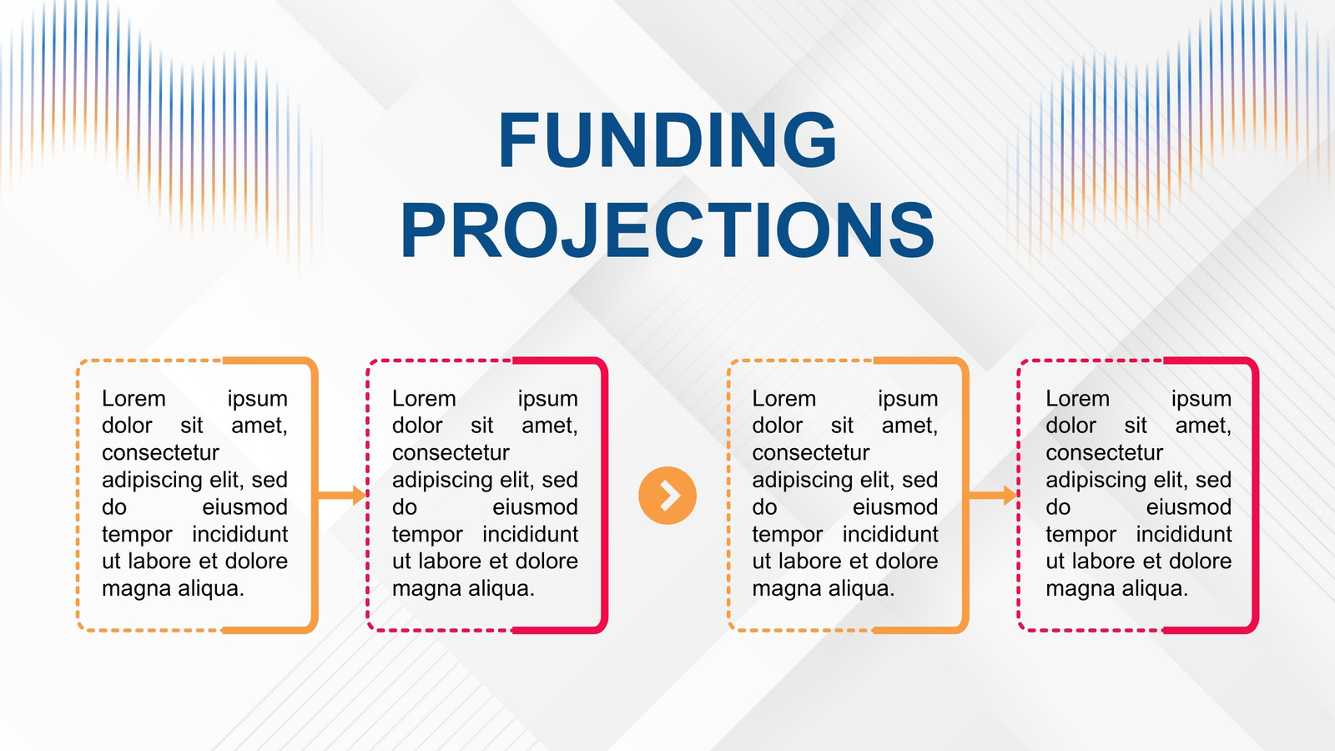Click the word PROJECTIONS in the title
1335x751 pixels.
pyautogui.click(x=667, y=229)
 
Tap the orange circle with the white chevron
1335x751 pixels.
pyautogui.click(x=667, y=496)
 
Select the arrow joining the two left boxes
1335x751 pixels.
pyautogui.click(x=341, y=496)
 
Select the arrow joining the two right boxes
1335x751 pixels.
pyautogui.click(x=992, y=496)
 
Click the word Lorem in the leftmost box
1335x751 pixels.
pyautogui.click(x=133, y=398)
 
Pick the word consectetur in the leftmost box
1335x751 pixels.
pyautogui.click(x=160, y=453)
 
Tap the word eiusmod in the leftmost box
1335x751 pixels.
pyautogui.click(x=245, y=507)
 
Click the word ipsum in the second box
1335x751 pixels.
pyautogui.click(x=547, y=399)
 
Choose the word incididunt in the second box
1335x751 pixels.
pyautogui.click(x=531, y=534)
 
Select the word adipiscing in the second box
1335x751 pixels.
pyautogui.click(x=441, y=481)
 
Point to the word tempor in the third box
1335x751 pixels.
pyautogui.click(x=788, y=535)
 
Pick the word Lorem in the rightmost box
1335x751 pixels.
pyautogui.click(x=1077, y=398)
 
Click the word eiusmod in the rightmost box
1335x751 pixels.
pyautogui.click(x=1189, y=507)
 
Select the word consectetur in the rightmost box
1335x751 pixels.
pyautogui.click(x=1105, y=453)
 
